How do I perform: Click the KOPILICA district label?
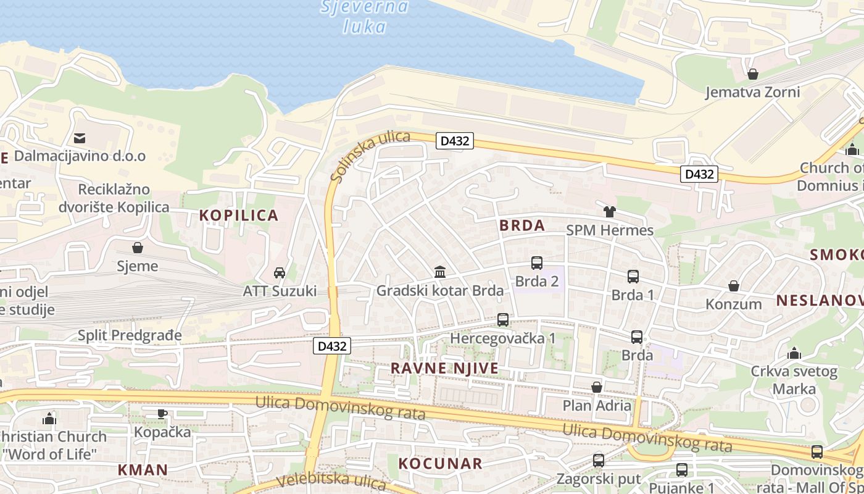(x=239, y=216)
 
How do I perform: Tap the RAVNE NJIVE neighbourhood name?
(x=444, y=369)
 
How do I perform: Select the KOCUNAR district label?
(x=440, y=464)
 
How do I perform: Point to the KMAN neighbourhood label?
(x=143, y=470)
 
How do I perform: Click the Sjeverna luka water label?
(x=365, y=17)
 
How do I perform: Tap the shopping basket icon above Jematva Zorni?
(x=752, y=75)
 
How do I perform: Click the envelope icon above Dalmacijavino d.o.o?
(x=80, y=138)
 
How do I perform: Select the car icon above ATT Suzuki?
(x=279, y=273)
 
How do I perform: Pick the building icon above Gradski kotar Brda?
(x=440, y=272)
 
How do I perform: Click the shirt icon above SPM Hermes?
(x=610, y=212)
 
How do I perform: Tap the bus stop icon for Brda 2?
(x=537, y=263)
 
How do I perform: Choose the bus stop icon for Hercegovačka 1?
(x=503, y=320)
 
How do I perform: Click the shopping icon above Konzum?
(x=734, y=286)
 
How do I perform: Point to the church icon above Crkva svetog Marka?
(x=794, y=353)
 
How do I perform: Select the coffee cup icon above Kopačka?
(x=162, y=414)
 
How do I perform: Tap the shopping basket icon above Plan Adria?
(x=597, y=387)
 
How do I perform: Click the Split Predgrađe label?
(x=130, y=335)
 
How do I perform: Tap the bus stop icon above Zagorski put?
(x=598, y=461)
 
